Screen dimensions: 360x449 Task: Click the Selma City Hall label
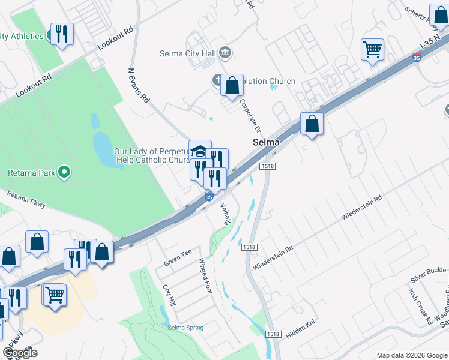(x=187, y=53)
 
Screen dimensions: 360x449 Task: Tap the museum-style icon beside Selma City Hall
(x=225, y=52)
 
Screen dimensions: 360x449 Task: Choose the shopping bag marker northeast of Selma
(x=312, y=123)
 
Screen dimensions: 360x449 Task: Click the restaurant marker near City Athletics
(x=61, y=34)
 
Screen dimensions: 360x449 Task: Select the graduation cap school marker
(x=200, y=150)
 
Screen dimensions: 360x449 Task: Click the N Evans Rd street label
(x=139, y=85)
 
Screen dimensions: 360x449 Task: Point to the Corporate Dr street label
(x=250, y=116)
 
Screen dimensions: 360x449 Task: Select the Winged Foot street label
(x=206, y=276)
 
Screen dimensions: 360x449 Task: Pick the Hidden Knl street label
(x=301, y=331)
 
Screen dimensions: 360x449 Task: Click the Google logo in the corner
(x=20, y=352)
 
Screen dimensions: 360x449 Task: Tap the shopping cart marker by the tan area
(x=55, y=295)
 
